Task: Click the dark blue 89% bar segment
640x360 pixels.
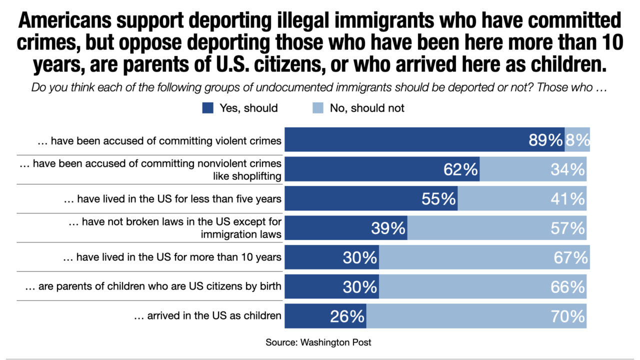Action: (x=424, y=139)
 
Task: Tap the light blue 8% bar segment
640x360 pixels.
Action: (x=577, y=139)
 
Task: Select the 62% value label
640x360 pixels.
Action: (x=460, y=169)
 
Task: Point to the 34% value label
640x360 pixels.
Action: (x=567, y=169)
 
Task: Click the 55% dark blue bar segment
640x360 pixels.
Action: (x=371, y=198)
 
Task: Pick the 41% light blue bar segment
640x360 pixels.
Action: (x=522, y=198)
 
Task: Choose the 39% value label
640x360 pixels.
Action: (x=388, y=228)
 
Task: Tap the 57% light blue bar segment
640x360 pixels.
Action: (x=497, y=228)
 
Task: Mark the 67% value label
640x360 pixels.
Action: (x=571, y=257)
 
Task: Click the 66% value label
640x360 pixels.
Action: (x=567, y=287)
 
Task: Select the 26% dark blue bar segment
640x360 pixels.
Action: (x=325, y=316)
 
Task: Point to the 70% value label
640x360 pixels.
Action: (x=567, y=316)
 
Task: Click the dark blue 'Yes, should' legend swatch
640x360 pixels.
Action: (x=207, y=108)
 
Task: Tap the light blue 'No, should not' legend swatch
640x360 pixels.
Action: (x=318, y=108)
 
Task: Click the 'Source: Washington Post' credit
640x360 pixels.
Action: (x=318, y=342)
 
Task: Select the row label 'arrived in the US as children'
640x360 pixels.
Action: (x=207, y=315)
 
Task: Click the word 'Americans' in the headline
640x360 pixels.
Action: (x=65, y=20)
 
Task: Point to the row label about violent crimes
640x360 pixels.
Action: (x=159, y=141)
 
